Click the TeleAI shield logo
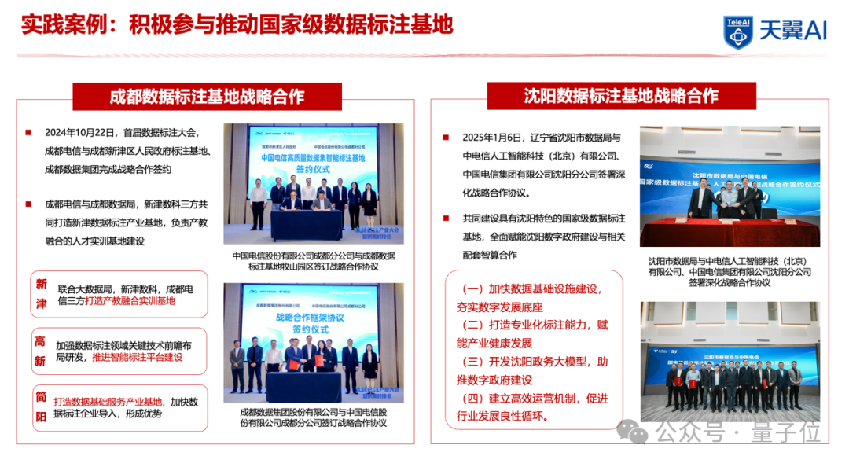(737, 31)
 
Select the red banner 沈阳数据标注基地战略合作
(621, 96)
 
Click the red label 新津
(42, 292)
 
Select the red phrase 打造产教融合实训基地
(129, 300)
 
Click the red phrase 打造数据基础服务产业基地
(108, 402)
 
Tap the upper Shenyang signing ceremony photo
(730, 186)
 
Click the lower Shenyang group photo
(730, 356)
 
